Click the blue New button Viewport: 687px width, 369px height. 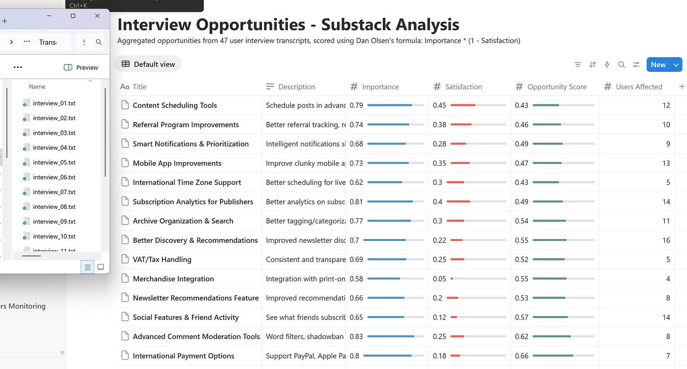click(658, 65)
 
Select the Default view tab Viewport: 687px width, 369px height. click(148, 64)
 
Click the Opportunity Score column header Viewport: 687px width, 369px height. click(556, 87)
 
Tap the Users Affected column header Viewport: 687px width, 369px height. click(638, 87)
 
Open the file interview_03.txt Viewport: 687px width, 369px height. click(54, 133)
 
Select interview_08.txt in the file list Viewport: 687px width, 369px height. click(54, 206)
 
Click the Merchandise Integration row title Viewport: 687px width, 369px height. click(173, 279)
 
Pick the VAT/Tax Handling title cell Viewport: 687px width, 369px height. click(162, 259)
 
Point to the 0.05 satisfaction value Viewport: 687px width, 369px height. click(439, 279)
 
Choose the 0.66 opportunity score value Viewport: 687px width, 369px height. click(521, 356)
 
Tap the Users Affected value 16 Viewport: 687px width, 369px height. click(666, 240)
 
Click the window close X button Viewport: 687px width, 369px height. click(97, 16)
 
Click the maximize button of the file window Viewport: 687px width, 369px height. click(73, 16)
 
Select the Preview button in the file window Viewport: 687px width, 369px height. click(81, 68)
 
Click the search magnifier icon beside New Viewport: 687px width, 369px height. click(622, 65)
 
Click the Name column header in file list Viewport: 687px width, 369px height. click(37, 86)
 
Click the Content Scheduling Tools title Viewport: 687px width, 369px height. click(175, 105)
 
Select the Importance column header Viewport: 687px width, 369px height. click(380, 87)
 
